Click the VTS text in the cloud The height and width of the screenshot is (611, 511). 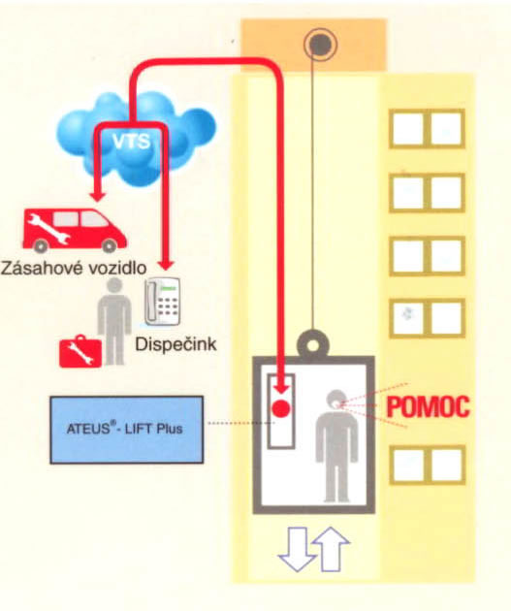(x=131, y=141)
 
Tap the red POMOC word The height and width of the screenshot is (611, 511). (x=428, y=406)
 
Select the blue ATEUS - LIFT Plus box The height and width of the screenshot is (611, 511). (x=127, y=430)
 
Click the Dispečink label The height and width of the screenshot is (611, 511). (x=176, y=344)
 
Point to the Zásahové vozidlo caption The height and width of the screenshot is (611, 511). (x=74, y=268)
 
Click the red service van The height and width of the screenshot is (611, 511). (x=75, y=230)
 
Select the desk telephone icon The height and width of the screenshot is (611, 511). (x=163, y=301)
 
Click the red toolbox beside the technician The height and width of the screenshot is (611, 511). (x=80, y=351)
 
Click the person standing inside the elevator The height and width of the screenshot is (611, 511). (x=336, y=445)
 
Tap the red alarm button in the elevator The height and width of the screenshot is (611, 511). (x=281, y=408)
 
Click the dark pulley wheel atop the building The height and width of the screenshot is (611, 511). (x=320, y=45)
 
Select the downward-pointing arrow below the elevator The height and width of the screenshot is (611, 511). (x=297, y=550)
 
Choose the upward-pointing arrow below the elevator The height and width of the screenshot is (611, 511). (x=331, y=549)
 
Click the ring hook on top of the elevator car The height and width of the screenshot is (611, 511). (x=313, y=344)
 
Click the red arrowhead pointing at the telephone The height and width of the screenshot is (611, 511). (x=167, y=264)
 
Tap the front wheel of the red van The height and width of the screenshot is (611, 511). (x=109, y=245)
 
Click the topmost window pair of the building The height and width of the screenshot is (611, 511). (x=428, y=129)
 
